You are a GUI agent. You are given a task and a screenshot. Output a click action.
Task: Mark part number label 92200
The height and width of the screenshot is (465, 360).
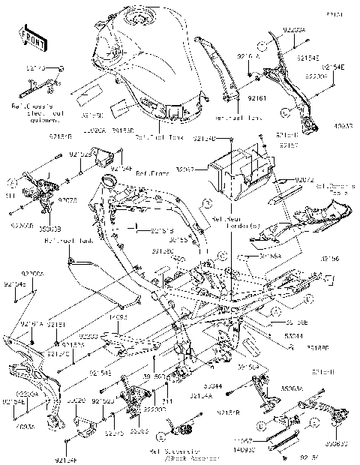click(88, 337)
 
